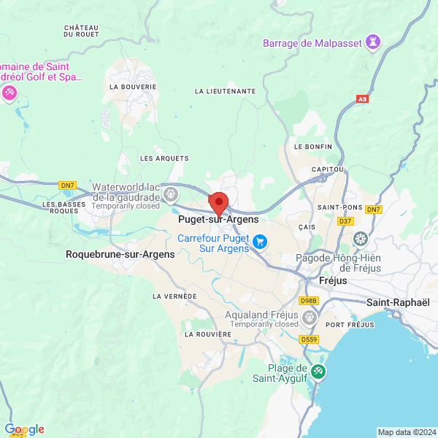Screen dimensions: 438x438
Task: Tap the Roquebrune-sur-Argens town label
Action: [120, 255]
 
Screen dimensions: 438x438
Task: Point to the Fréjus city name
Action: [334, 281]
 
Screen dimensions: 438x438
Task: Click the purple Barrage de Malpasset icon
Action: [374, 42]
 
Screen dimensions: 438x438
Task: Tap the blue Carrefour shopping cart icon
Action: [260, 240]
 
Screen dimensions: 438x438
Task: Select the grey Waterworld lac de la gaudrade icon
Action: [171, 194]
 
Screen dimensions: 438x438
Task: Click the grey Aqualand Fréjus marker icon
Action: [310, 317]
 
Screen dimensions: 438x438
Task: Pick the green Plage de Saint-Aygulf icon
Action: [318, 372]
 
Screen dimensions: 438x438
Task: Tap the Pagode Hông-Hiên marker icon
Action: [361, 239]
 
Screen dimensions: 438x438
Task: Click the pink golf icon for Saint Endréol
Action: [9, 93]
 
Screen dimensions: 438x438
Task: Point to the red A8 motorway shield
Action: [363, 99]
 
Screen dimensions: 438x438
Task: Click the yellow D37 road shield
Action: [345, 220]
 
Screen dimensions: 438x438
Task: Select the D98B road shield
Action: [309, 300]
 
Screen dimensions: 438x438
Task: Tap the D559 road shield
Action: [310, 339]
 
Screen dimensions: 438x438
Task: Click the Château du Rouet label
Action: [82, 31]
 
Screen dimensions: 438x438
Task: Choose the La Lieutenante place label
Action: [226, 91]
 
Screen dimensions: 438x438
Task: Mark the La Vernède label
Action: [174, 296]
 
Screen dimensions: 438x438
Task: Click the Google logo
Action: [24, 429]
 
